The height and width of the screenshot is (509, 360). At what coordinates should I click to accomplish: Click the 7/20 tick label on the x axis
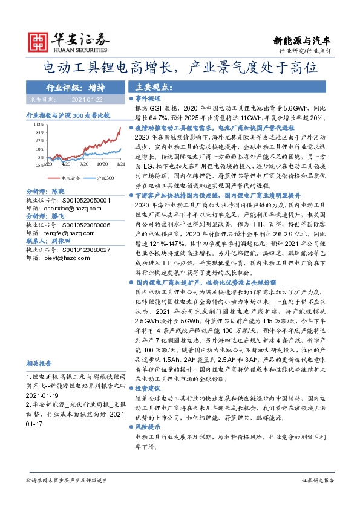tap(84, 164)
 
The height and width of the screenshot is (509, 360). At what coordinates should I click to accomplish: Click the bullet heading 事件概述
tap(147, 97)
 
